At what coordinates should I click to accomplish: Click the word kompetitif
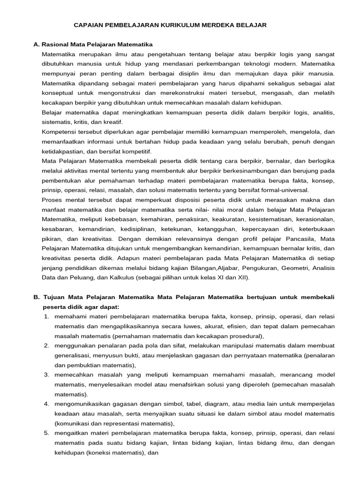[x=135, y=151]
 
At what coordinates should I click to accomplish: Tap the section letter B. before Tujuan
[x=37, y=297]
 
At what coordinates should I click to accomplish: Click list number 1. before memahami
[x=47, y=317]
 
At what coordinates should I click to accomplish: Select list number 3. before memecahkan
[x=47, y=375]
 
